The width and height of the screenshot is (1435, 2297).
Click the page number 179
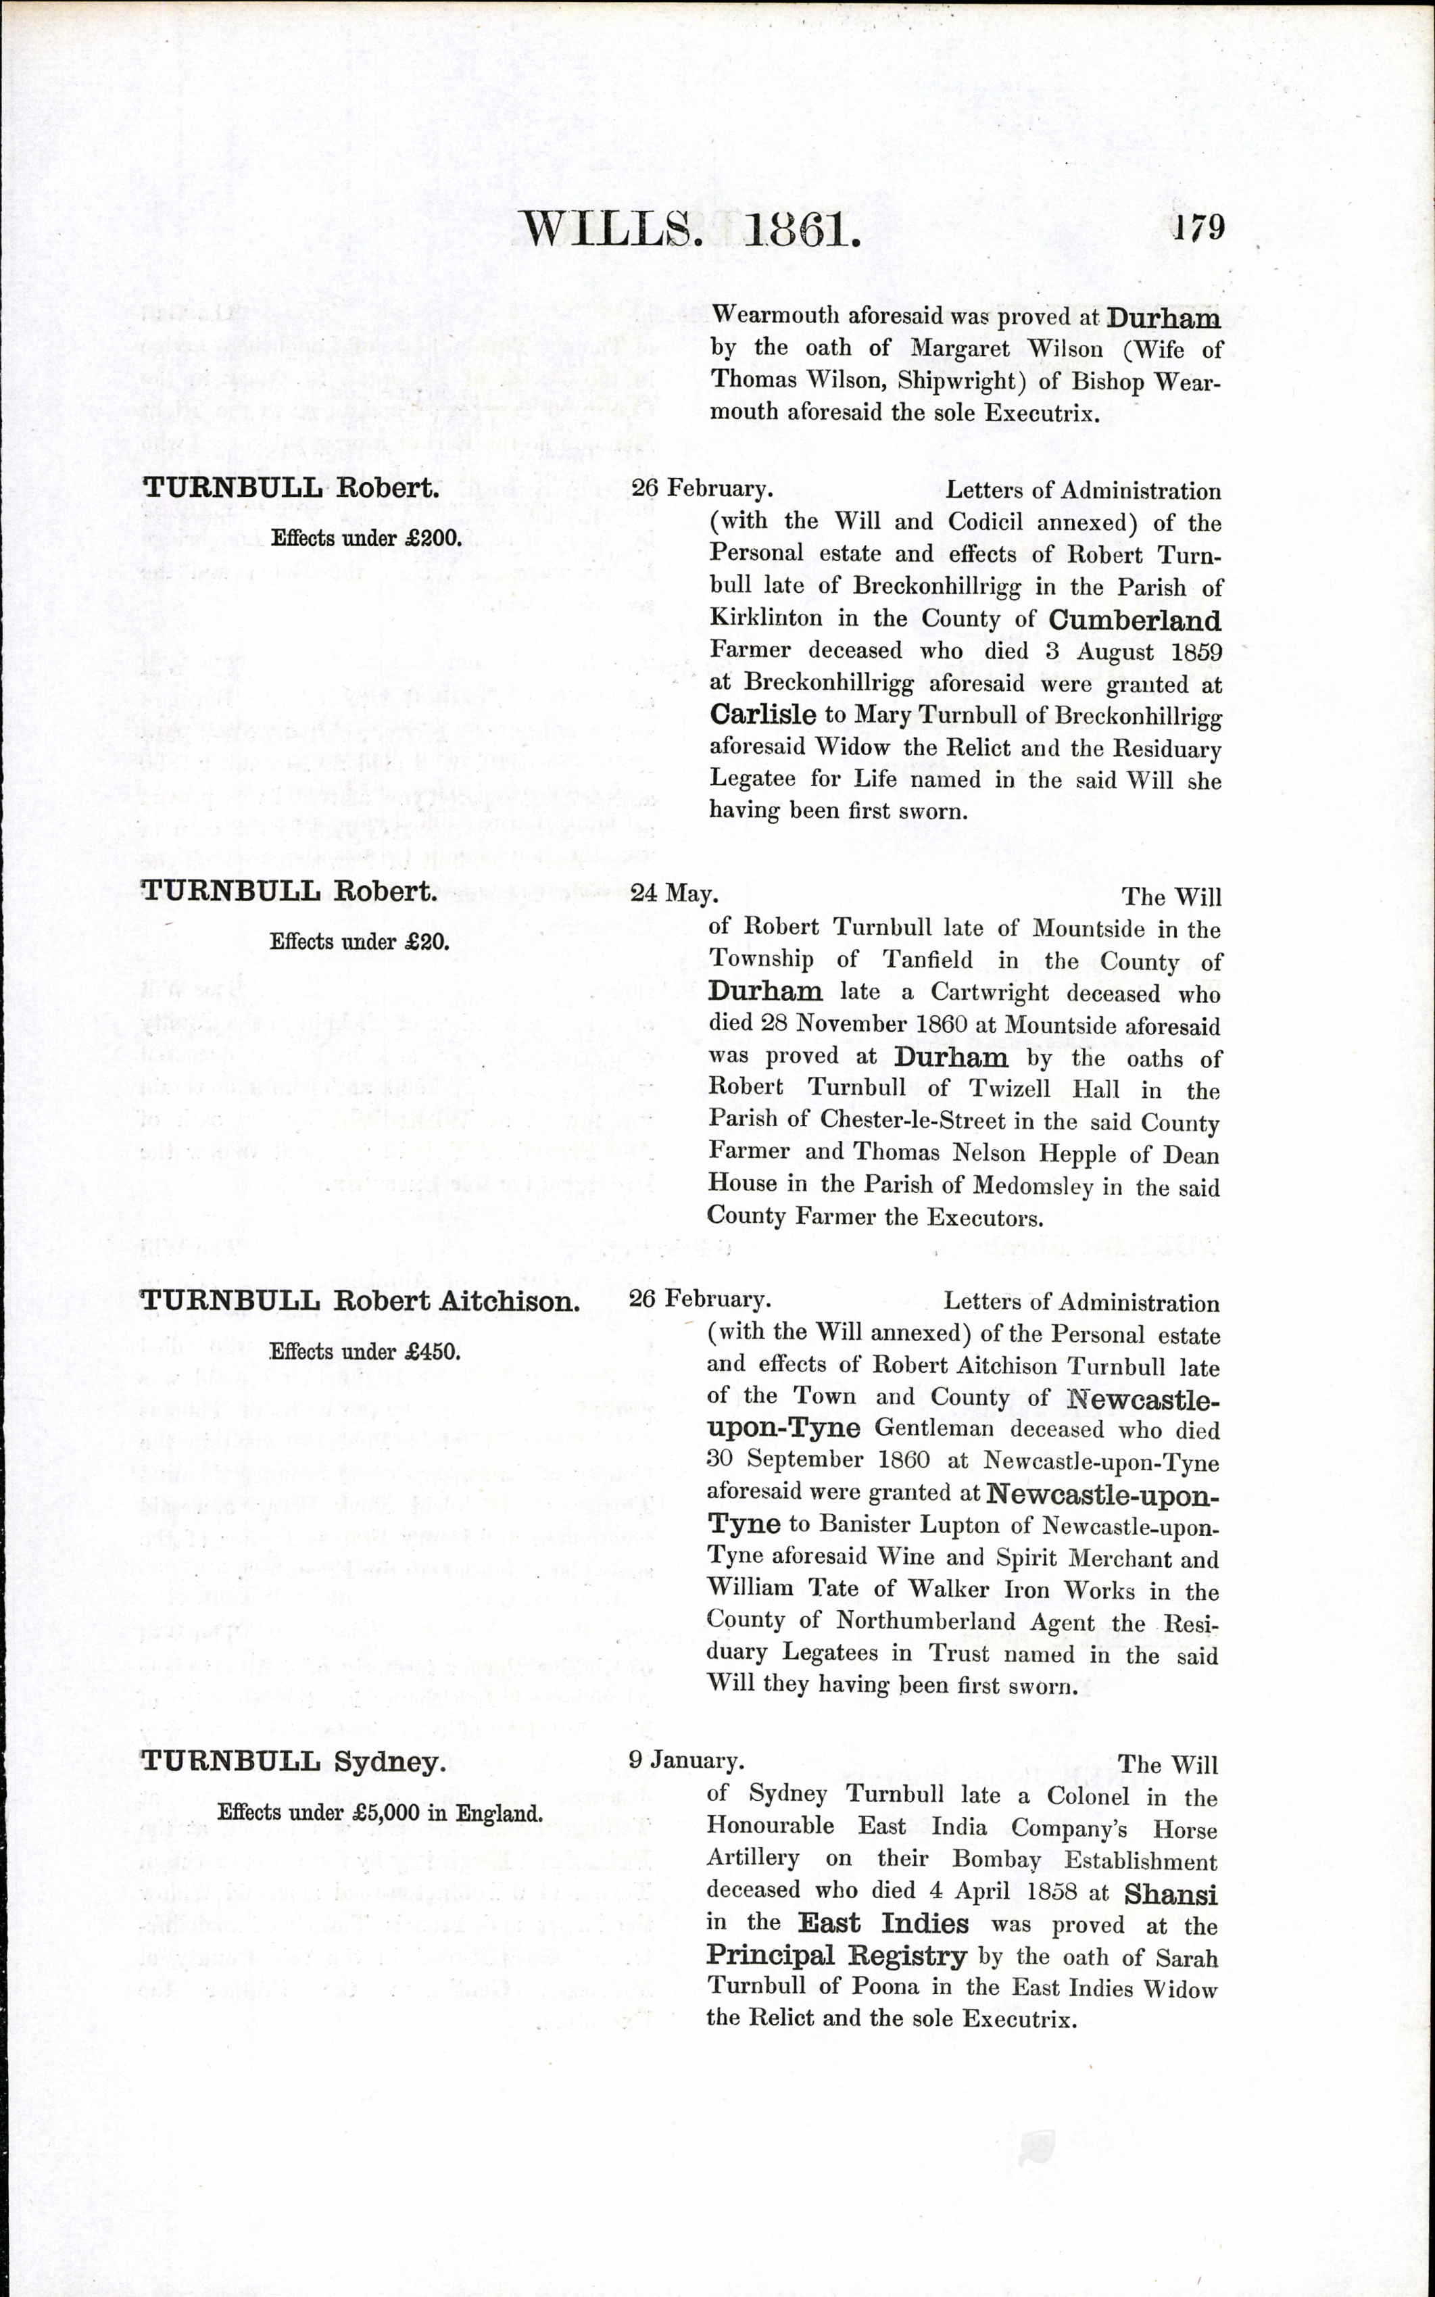[1198, 228]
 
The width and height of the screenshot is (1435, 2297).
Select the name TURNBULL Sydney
[293, 1762]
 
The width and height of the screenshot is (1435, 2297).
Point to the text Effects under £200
[366, 538]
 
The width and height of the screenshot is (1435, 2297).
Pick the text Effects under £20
[359, 942]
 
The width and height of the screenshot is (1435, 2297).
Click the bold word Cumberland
[1134, 621]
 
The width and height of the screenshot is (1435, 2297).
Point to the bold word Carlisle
[763, 714]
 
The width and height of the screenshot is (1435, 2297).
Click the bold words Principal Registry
[836, 1956]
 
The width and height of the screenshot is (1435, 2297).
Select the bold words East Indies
[883, 1924]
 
